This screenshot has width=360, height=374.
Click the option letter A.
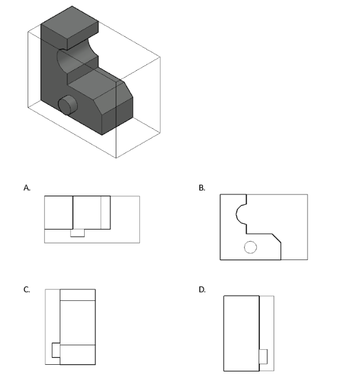[x=26, y=188]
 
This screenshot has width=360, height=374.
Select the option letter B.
[x=202, y=188]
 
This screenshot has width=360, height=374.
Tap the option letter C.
[x=26, y=289]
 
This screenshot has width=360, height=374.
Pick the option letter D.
[x=202, y=289]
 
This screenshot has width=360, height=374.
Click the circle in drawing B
[x=251, y=247]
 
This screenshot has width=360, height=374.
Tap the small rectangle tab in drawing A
[x=77, y=233]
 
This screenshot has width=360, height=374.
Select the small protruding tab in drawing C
[x=55, y=350]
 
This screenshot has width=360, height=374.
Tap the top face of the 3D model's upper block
[x=70, y=22]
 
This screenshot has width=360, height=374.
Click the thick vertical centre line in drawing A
[x=73, y=213]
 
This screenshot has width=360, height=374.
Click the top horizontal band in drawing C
[x=78, y=295]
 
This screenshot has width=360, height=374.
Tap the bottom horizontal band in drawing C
[x=78, y=354]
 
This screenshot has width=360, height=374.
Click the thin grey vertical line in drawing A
[x=101, y=213]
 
